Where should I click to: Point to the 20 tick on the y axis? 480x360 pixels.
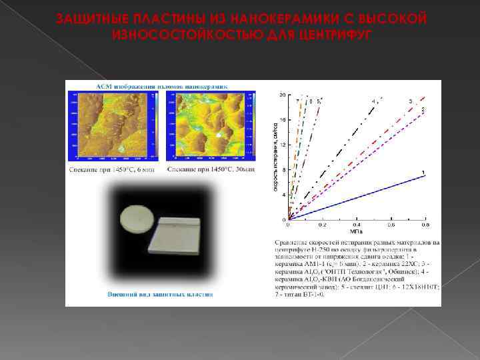click(282, 95)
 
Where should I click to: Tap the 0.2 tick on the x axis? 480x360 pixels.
click(323, 225)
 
